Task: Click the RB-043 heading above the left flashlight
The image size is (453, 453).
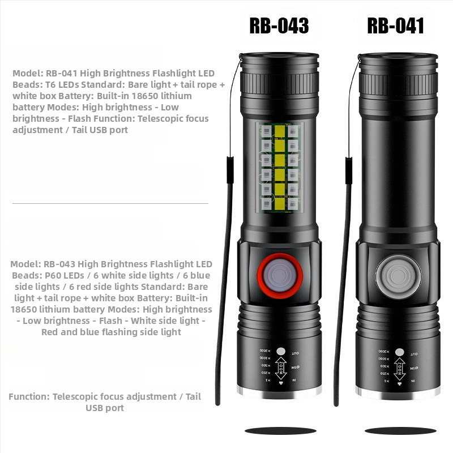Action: [279, 25]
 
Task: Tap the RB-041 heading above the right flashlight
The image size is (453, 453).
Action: [395, 25]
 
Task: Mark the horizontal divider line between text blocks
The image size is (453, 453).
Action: [110, 203]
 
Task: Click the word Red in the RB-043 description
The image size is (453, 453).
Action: [50, 332]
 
